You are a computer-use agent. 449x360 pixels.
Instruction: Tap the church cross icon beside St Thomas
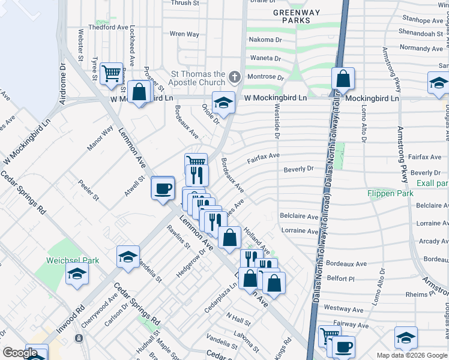[234, 77]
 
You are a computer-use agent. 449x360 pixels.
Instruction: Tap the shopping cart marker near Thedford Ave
[112, 74]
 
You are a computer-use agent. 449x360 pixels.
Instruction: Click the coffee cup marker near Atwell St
[163, 188]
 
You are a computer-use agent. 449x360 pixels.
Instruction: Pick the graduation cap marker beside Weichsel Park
[77, 275]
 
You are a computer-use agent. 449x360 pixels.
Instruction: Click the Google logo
[20, 353]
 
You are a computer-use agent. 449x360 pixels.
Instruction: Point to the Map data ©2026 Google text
[412, 355]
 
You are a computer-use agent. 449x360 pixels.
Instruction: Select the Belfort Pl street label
[342, 278]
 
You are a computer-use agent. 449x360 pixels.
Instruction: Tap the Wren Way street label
[184, 34]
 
